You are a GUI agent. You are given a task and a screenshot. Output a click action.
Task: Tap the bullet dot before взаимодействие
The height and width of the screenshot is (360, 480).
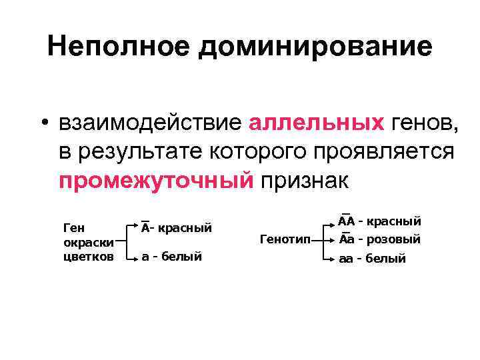(x=42, y=123)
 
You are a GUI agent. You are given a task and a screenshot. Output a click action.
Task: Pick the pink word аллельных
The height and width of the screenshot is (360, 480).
(x=316, y=123)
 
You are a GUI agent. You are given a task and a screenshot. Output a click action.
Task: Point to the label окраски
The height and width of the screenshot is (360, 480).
(x=87, y=242)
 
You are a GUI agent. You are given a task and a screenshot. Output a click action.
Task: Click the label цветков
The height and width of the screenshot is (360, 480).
(x=88, y=256)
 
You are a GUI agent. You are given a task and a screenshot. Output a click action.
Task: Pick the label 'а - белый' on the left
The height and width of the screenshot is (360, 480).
(x=171, y=257)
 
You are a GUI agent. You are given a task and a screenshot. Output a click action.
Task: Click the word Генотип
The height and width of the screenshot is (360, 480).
(x=285, y=238)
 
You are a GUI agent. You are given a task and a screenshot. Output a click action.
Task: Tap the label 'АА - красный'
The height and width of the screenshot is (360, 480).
(x=379, y=220)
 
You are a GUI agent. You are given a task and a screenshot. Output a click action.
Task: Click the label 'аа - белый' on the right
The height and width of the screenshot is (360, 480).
(x=372, y=259)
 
